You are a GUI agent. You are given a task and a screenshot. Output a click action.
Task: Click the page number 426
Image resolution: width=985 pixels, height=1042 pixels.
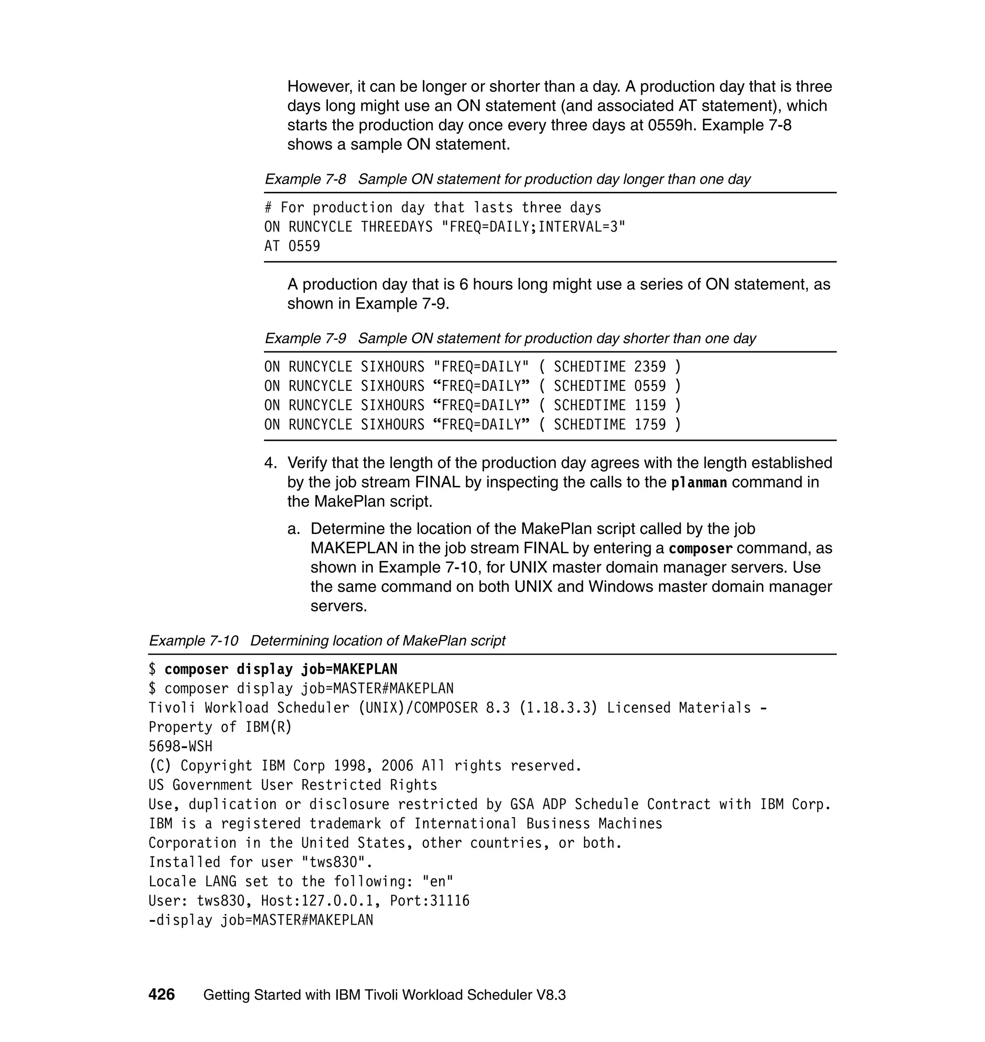161,994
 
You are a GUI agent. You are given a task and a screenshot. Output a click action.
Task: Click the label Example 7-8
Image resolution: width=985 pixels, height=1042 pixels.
305,179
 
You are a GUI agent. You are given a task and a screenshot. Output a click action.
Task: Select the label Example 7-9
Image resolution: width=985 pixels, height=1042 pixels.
305,338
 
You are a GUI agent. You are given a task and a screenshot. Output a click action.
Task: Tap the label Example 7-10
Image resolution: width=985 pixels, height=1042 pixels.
193,640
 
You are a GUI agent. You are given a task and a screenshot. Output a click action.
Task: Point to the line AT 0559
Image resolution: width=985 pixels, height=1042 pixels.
292,246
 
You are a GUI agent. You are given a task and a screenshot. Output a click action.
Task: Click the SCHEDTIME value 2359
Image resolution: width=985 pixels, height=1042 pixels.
650,366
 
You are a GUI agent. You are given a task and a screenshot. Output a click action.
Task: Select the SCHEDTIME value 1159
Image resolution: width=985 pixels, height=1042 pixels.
650,405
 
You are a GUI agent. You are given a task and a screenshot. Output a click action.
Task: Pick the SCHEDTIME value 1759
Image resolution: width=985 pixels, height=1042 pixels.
650,424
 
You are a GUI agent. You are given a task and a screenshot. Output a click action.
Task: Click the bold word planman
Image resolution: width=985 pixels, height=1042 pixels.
699,482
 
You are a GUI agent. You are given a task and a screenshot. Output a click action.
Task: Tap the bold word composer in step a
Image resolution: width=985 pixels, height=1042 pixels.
700,548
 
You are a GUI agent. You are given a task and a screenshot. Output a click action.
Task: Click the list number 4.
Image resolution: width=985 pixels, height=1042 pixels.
270,463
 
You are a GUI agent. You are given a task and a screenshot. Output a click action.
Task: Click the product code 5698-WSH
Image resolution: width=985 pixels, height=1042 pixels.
181,746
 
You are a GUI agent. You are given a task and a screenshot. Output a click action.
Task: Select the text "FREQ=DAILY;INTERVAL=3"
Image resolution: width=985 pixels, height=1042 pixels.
534,227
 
